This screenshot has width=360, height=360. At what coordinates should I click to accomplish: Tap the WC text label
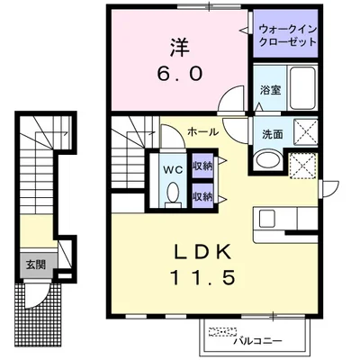[x=172, y=166]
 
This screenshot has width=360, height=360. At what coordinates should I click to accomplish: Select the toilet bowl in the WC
[x=172, y=193]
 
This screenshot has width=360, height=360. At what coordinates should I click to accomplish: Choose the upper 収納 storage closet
[x=202, y=166]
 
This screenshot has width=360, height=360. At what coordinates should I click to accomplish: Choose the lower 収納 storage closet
[x=202, y=195]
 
